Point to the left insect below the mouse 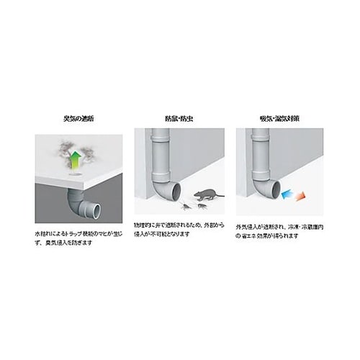186,206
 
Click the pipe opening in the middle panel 176,194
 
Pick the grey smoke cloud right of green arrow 91,153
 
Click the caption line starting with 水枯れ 76,235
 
